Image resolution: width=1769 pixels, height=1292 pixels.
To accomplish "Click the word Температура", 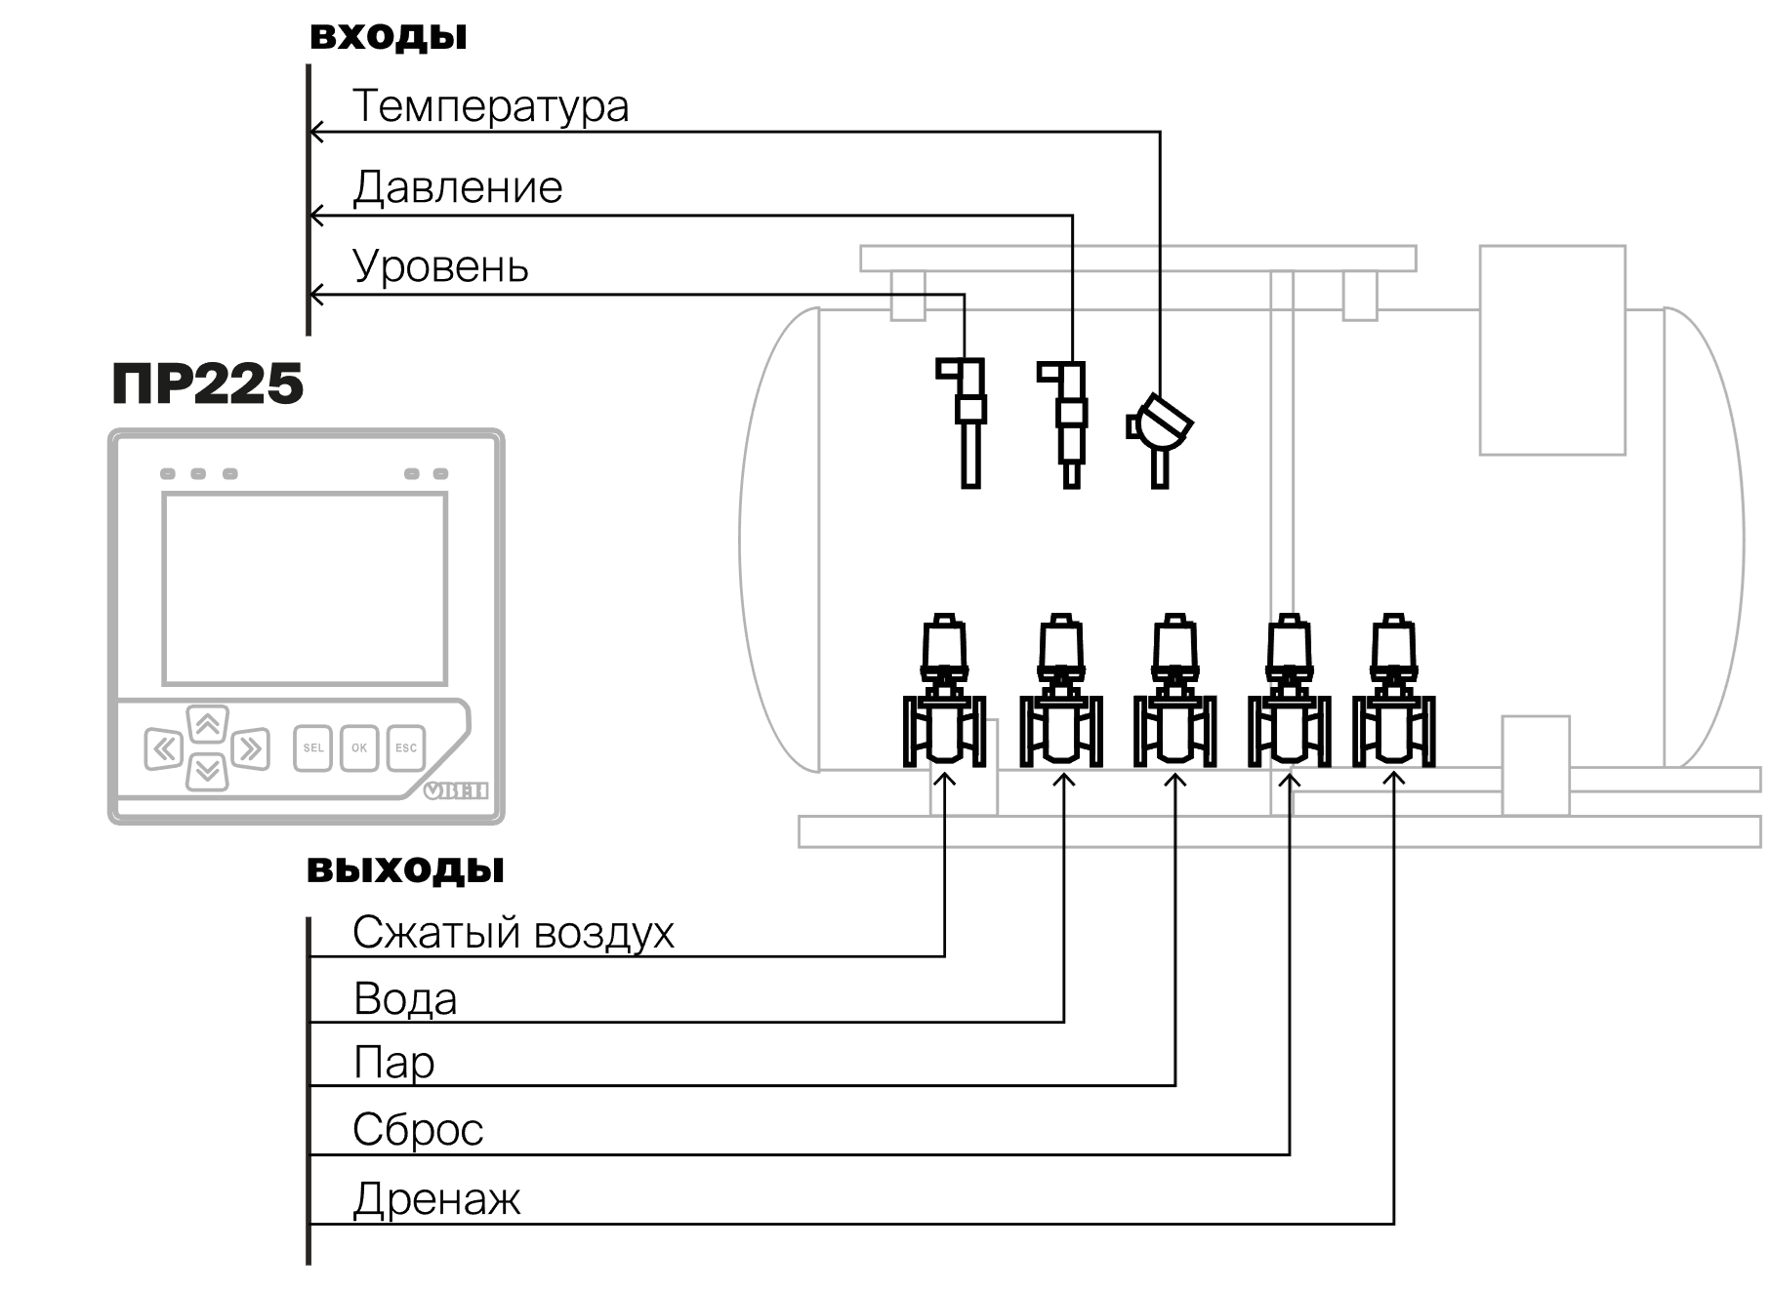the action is (x=490, y=106).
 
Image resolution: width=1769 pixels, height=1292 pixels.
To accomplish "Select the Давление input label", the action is (x=457, y=186).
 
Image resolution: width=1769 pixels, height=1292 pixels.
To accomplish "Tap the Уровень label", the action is (x=440, y=266).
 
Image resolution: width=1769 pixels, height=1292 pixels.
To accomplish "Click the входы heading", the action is (x=389, y=37).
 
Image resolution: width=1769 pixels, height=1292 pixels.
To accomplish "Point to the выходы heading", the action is (x=405, y=868).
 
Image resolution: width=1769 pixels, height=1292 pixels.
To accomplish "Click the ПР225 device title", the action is (x=207, y=384).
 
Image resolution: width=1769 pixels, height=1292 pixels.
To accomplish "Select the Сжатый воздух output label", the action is (x=514, y=933).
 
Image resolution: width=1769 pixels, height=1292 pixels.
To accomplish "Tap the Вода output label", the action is (x=405, y=999).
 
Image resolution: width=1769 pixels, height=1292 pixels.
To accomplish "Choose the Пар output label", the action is (x=393, y=1063).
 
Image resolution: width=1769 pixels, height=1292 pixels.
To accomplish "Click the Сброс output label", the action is (x=418, y=1130).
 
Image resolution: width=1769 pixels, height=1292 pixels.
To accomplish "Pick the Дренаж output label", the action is (x=436, y=1199).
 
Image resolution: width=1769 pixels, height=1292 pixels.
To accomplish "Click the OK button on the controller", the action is (x=359, y=748).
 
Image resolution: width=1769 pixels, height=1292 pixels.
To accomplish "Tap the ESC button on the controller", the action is (x=406, y=748).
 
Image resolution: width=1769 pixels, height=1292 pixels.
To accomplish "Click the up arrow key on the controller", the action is (x=207, y=725).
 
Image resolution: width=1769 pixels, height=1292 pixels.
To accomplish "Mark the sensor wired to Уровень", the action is (x=965, y=423).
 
